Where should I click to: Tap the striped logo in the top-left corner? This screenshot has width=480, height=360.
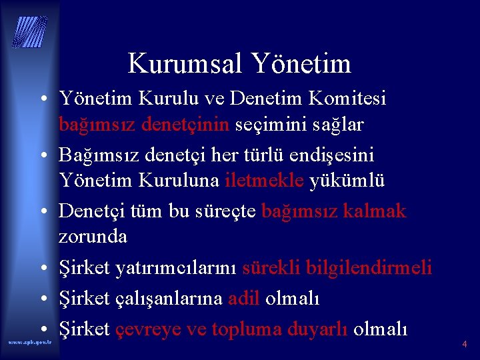29,32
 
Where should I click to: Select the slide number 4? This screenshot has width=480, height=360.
465,345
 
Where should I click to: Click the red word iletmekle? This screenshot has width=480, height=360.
265,181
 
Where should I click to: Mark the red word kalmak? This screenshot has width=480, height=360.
376,211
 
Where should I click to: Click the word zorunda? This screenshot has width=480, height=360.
93,237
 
